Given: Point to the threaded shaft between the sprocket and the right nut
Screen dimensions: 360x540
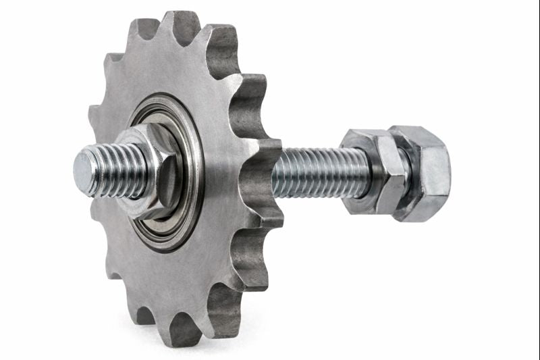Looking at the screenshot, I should click(x=317, y=172).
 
